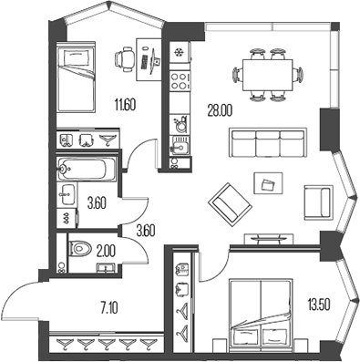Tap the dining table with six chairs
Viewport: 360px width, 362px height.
click(x=267, y=70)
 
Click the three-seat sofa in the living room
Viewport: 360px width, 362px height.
click(x=266, y=143)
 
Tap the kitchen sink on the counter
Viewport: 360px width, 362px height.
click(x=178, y=148)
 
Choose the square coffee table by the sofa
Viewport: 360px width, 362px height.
click(x=268, y=185)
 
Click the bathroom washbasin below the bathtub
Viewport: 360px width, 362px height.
click(x=68, y=192)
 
